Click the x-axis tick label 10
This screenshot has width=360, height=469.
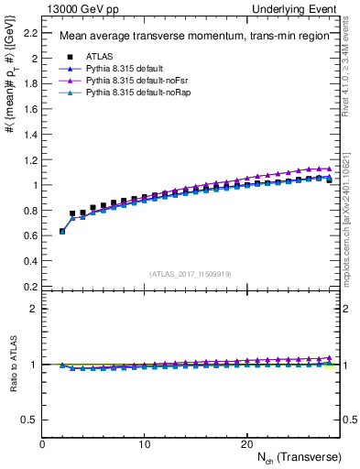click(x=145, y=444)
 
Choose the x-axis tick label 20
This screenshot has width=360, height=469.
click(x=246, y=444)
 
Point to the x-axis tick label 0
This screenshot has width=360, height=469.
click(x=43, y=444)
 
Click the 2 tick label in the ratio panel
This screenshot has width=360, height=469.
click(x=35, y=309)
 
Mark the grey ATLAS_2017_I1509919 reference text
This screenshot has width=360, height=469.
click(x=191, y=273)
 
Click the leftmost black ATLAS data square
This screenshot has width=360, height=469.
click(x=62, y=231)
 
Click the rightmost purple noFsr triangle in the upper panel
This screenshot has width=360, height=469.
click(x=329, y=169)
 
